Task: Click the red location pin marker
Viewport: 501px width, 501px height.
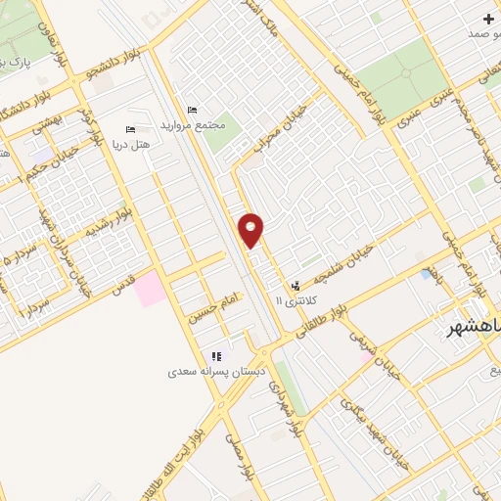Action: (x=251, y=230)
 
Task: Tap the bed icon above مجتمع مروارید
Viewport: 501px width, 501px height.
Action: (x=191, y=109)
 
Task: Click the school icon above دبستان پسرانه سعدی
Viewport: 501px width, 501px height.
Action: (x=216, y=356)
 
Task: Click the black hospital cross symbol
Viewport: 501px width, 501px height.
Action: (x=488, y=19)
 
